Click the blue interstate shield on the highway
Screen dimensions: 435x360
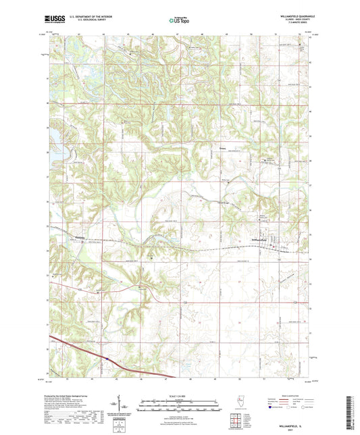pos(106,359)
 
